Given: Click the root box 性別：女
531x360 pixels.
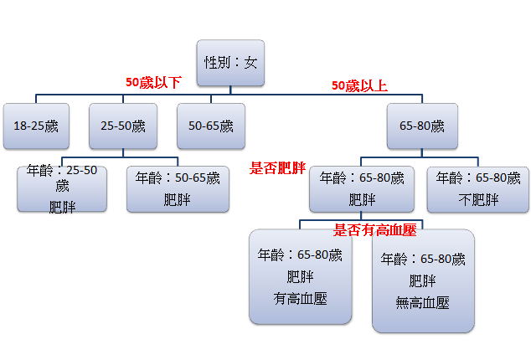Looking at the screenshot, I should point(231,63).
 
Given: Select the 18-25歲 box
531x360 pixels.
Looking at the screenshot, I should point(35,126).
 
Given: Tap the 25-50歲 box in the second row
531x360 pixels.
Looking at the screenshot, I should point(122,126).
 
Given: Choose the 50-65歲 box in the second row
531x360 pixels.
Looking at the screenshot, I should point(211,126).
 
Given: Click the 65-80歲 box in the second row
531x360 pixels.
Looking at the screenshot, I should point(421,126).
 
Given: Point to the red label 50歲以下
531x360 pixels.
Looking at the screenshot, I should point(152,83).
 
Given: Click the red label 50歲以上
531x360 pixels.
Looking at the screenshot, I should point(359,85).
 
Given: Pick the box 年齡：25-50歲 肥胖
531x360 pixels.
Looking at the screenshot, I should point(62,188).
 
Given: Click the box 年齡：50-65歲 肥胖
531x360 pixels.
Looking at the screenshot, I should point(177,188).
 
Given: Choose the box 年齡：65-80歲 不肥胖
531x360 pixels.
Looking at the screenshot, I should point(479,188).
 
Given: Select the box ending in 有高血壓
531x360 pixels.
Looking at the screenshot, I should point(300,276).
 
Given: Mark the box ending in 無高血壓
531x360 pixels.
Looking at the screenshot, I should point(423,280).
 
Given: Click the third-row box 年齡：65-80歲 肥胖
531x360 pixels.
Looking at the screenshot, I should point(362,188).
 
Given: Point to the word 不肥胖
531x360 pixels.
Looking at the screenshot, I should point(479,199).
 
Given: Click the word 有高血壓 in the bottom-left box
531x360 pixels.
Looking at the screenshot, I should point(300,297).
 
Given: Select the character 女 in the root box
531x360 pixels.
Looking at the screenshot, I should point(250,63).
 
